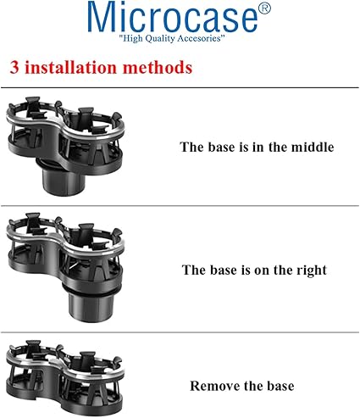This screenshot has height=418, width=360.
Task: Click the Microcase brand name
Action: (x=173, y=17)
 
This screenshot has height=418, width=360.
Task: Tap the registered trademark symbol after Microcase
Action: (x=264, y=8)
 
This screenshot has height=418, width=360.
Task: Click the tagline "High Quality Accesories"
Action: (x=172, y=38)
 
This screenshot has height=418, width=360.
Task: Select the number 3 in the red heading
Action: (x=14, y=68)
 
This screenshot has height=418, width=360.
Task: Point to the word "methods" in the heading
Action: (x=158, y=67)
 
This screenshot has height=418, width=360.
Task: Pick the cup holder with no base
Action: (x=65, y=376)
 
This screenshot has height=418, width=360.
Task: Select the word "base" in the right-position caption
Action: (x=224, y=270)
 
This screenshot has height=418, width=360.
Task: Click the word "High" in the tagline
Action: (x=132, y=38)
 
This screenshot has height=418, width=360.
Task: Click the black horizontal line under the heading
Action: (x=180, y=87)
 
